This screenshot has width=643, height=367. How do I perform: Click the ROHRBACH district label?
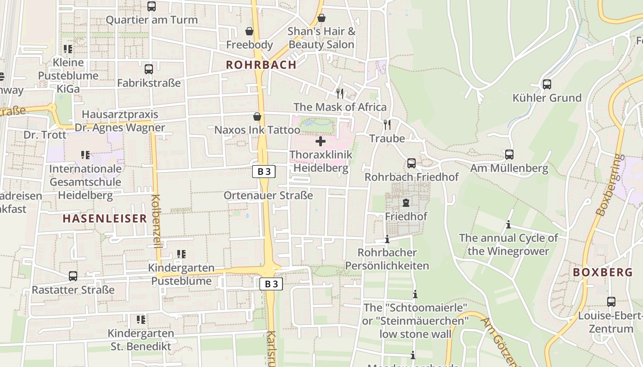coord(261,65)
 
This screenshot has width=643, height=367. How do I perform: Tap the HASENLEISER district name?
coord(105,218)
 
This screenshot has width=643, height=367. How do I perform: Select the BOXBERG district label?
coord(603,272)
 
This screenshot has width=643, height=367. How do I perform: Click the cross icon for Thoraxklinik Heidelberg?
coord(321,141)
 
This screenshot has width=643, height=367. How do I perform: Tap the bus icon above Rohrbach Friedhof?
coord(412,163)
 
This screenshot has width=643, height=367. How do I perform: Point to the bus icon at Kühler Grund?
coord(547,84)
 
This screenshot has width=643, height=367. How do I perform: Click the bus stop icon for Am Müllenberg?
coord(509,155)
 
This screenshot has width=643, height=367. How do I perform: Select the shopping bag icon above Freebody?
coord(249,31)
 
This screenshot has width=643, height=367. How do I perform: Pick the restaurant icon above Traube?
coord(387,124)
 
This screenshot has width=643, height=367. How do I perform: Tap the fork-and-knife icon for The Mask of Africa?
coord(340,93)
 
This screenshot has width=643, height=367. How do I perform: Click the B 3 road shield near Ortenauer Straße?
coord(264,172)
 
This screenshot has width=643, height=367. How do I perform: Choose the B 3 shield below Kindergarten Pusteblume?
coord(271,284)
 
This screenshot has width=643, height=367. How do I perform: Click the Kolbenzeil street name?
coord(156,221)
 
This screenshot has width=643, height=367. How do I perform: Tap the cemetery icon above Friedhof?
coord(406,202)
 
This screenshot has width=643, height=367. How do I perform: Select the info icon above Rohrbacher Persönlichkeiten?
coord(387,239)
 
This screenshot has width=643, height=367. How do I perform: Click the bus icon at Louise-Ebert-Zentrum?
coord(611,302)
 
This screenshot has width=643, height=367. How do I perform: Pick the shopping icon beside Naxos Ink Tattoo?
coord(257,117)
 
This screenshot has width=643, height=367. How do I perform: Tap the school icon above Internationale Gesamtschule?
coord(85,155)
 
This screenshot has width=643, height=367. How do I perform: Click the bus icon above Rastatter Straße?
coord(73,276)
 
